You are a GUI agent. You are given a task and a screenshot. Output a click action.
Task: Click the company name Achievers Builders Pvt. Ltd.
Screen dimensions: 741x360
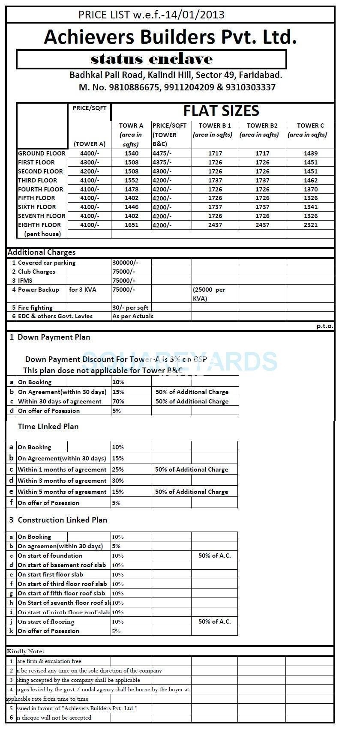pyautogui.click(x=170, y=37)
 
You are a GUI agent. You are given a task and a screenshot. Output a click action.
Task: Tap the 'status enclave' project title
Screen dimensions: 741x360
pyautogui.click(x=151, y=59)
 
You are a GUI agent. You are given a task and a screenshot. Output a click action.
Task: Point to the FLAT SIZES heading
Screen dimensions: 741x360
pyautogui.click(x=221, y=111)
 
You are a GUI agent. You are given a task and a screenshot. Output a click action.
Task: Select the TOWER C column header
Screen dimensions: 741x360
pyautogui.click(x=310, y=125)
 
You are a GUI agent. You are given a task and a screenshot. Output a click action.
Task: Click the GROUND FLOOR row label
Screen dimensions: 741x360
pyautogui.click(x=42, y=153)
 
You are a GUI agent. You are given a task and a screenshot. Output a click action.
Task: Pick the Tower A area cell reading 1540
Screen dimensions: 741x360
pyautogui.click(x=131, y=153)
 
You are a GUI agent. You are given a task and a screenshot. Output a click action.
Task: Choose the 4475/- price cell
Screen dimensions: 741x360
pyautogui.click(x=162, y=153)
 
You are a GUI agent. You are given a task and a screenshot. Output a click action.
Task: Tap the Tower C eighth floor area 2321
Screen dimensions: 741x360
pyautogui.click(x=310, y=225)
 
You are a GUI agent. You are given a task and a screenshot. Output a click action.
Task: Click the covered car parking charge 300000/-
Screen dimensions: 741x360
pyautogui.click(x=125, y=263)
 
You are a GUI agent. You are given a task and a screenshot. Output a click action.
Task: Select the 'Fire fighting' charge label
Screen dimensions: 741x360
pyautogui.click(x=35, y=308)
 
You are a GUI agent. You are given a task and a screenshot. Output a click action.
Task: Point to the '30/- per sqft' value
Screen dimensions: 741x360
pyautogui.click(x=130, y=308)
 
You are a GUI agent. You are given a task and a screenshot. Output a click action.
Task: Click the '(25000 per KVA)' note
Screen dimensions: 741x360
pyautogui.click(x=209, y=294)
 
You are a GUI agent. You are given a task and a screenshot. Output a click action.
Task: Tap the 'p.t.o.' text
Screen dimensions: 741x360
pyautogui.click(x=325, y=326)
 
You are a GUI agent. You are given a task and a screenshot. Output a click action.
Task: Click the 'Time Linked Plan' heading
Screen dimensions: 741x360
pyautogui.click(x=48, y=427)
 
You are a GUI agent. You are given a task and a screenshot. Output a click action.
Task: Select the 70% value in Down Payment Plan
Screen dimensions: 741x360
pyautogui.click(x=118, y=401)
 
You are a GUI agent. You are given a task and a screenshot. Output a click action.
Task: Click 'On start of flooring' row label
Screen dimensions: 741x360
pyautogui.click(x=46, y=621)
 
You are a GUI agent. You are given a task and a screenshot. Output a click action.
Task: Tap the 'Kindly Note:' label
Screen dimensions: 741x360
pyautogui.click(x=25, y=651)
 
